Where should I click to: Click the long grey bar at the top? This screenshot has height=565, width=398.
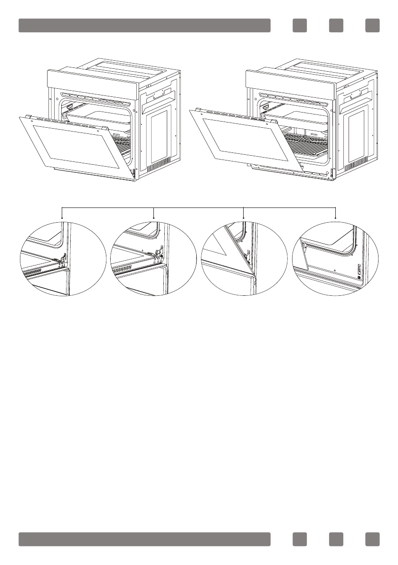(x=144, y=26)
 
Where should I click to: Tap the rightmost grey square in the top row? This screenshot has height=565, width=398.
(x=372, y=26)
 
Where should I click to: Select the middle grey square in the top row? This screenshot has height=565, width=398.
(x=336, y=26)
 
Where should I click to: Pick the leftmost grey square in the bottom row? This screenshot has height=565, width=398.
(x=300, y=539)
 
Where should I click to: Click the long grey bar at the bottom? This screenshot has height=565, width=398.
(x=144, y=539)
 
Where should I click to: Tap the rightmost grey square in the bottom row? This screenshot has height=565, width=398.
(x=372, y=539)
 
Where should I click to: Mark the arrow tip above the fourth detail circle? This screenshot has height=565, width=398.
(x=336, y=218)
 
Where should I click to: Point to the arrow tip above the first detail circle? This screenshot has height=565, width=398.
(x=62, y=218)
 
